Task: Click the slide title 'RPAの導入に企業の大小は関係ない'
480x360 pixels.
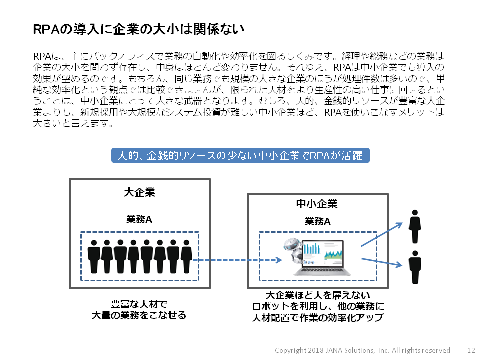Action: point(138,29)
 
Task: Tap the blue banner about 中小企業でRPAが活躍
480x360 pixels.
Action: point(240,155)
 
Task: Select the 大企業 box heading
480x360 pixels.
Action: point(139,192)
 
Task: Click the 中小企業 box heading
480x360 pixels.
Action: point(317,204)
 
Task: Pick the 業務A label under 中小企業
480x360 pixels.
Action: point(317,221)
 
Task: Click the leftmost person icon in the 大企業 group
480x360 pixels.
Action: point(94,256)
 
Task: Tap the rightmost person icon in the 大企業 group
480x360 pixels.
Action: point(186,256)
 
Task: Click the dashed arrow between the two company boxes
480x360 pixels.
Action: point(235,260)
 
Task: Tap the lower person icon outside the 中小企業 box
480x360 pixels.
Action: point(414,267)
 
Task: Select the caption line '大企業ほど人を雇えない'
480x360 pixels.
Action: point(317,294)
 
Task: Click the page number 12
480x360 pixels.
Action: point(471,350)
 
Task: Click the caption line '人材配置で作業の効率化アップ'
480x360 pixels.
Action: point(317,317)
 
